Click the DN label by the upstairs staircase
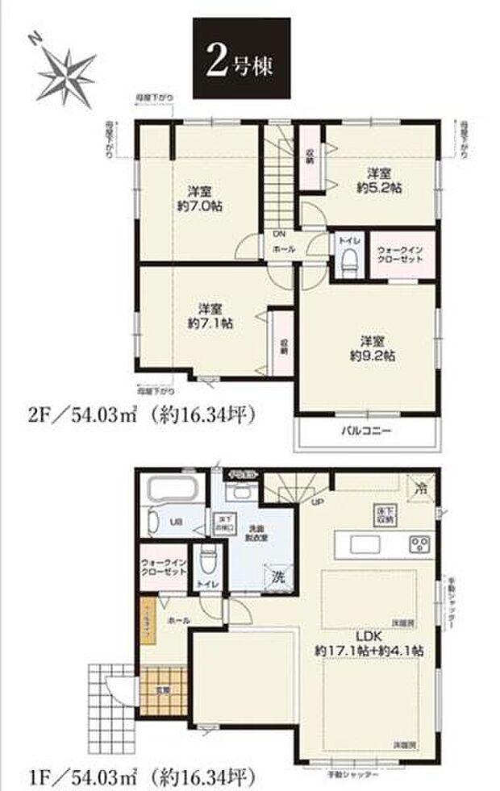click(x=280, y=235)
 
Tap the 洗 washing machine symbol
click(x=277, y=577)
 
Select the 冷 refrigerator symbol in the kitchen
click(x=420, y=488)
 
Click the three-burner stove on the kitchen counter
click(x=420, y=542)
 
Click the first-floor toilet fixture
click(x=210, y=557)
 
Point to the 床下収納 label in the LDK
click(x=384, y=515)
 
